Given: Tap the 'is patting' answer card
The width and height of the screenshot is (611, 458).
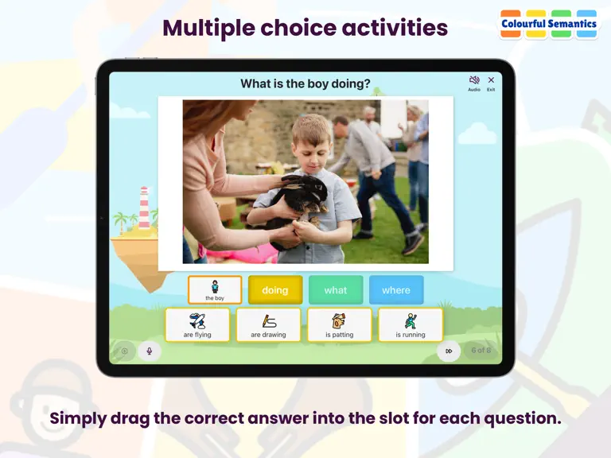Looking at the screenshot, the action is pos(340,324).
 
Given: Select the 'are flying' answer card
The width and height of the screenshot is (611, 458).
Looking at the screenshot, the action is pos(197,324).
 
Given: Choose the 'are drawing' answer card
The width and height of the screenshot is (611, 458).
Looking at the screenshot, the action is pos(268,324).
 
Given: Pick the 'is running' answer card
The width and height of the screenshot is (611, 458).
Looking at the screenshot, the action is pos(411,324).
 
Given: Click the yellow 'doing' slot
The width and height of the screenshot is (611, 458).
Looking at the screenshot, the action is pos(275,289).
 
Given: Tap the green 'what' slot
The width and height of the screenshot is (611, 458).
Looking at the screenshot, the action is pos(336,289).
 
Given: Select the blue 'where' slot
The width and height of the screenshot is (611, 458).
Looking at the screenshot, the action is pos(396,289).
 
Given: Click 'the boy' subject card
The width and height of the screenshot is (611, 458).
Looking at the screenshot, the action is pos(215,289).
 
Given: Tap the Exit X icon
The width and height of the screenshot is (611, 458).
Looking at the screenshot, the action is pos(491,80).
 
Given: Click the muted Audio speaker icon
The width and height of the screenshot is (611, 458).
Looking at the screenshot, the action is pos(474,80).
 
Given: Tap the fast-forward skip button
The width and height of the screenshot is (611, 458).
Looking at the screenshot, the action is pos(449,351).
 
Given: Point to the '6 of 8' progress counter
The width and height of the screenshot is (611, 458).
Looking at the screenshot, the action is pos(481,350).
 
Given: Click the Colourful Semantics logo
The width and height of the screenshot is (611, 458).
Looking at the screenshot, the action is pos(549,24).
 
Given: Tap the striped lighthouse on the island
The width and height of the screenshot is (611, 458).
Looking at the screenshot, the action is pos(144,208).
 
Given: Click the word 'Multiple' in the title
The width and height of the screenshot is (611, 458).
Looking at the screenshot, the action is pos(208,29).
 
